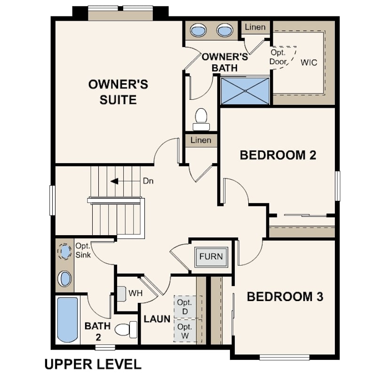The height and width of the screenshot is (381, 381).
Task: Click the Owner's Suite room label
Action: click(x=118, y=92)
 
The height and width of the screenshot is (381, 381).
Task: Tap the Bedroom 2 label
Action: click(x=278, y=155)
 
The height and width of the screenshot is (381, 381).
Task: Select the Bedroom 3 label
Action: click(x=285, y=297)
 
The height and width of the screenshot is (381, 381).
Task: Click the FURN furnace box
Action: click(x=211, y=257)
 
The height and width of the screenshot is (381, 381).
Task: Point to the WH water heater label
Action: click(x=135, y=294)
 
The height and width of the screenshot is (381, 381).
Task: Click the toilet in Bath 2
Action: click(x=126, y=329)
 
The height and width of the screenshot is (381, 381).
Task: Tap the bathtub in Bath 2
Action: click(x=67, y=319)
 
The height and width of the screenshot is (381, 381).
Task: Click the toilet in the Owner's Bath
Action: click(x=201, y=119)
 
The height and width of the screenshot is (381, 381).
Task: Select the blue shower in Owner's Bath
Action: click(x=245, y=91)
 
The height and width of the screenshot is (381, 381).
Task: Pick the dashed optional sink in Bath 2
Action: click(x=64, y=252)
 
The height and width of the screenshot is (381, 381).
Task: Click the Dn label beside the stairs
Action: click(x=148, y=181)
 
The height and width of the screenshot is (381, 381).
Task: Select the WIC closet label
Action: click(x=309, y=63)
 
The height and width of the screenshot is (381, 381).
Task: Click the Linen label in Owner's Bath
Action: click(x=255, y=27)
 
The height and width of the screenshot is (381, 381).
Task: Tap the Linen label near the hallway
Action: click(x=201, y=140)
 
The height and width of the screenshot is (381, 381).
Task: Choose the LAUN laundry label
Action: click(x=157, y=319)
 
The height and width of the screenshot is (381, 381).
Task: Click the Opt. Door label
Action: click(x=278, y=57)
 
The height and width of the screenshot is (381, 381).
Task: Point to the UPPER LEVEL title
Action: click(x=93, y=365)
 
